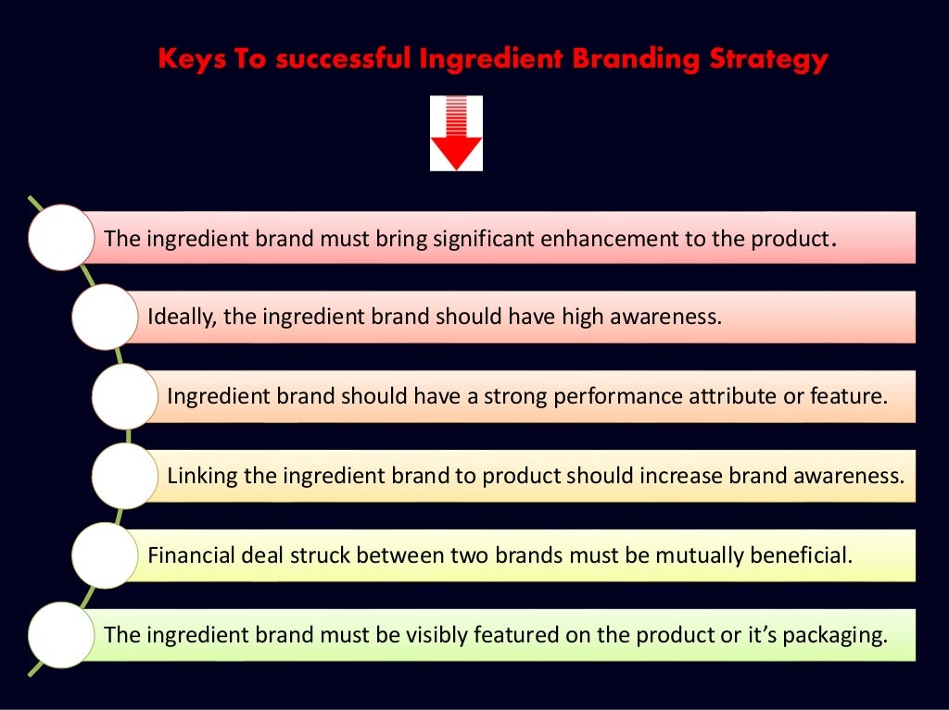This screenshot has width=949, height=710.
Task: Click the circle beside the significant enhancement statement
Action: point(61,238)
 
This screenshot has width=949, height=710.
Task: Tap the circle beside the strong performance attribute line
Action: point(124,396)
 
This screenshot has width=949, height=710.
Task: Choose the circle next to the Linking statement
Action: point(124,476)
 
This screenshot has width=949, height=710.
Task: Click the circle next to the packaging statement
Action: point(61,634)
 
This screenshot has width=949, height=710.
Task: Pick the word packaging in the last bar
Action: point(841,635)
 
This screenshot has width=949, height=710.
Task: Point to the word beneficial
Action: point(801,555)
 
